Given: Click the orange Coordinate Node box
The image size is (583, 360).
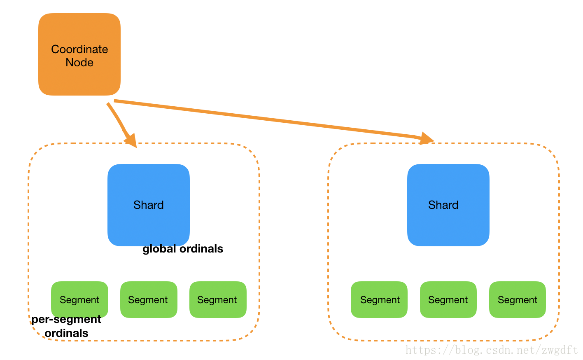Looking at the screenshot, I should (79, 54).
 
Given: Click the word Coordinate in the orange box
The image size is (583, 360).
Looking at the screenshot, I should (79, 49).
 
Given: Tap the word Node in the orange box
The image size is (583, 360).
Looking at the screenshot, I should (79, 63).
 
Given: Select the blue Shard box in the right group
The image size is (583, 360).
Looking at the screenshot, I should (448, 205).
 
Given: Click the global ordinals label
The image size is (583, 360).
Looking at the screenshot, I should (183, 249).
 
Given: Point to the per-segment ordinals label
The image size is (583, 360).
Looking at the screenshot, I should (66, 326).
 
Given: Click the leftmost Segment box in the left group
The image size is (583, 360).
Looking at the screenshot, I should (79, 299).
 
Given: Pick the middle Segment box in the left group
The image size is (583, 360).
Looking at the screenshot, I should (148, 299).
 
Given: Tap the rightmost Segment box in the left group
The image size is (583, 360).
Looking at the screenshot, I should (217, 299).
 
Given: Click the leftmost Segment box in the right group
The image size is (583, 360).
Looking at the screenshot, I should (379, 299).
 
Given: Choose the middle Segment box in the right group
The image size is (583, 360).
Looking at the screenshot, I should (448, 299).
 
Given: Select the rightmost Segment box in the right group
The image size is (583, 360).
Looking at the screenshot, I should (517, 299).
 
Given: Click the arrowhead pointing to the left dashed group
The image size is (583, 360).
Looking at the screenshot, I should (131, 140).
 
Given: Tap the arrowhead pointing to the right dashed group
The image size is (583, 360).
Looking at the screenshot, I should (426, 138).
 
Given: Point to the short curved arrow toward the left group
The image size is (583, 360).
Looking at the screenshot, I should (117, 117).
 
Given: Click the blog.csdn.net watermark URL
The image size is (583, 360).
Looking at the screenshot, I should (492, 350).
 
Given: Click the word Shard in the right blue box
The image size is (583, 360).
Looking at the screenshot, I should (443, 205).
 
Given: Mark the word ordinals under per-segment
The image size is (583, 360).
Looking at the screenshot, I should (66, 333).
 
